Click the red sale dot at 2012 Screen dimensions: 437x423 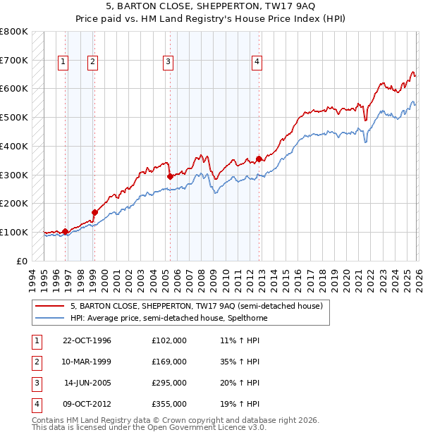click(259, 159)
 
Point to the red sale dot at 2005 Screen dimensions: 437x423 click(170, 176)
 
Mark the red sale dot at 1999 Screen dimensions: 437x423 click(94, 212)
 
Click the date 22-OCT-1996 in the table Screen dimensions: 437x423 click(87, 341)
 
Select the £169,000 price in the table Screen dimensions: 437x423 click(169, 362)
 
